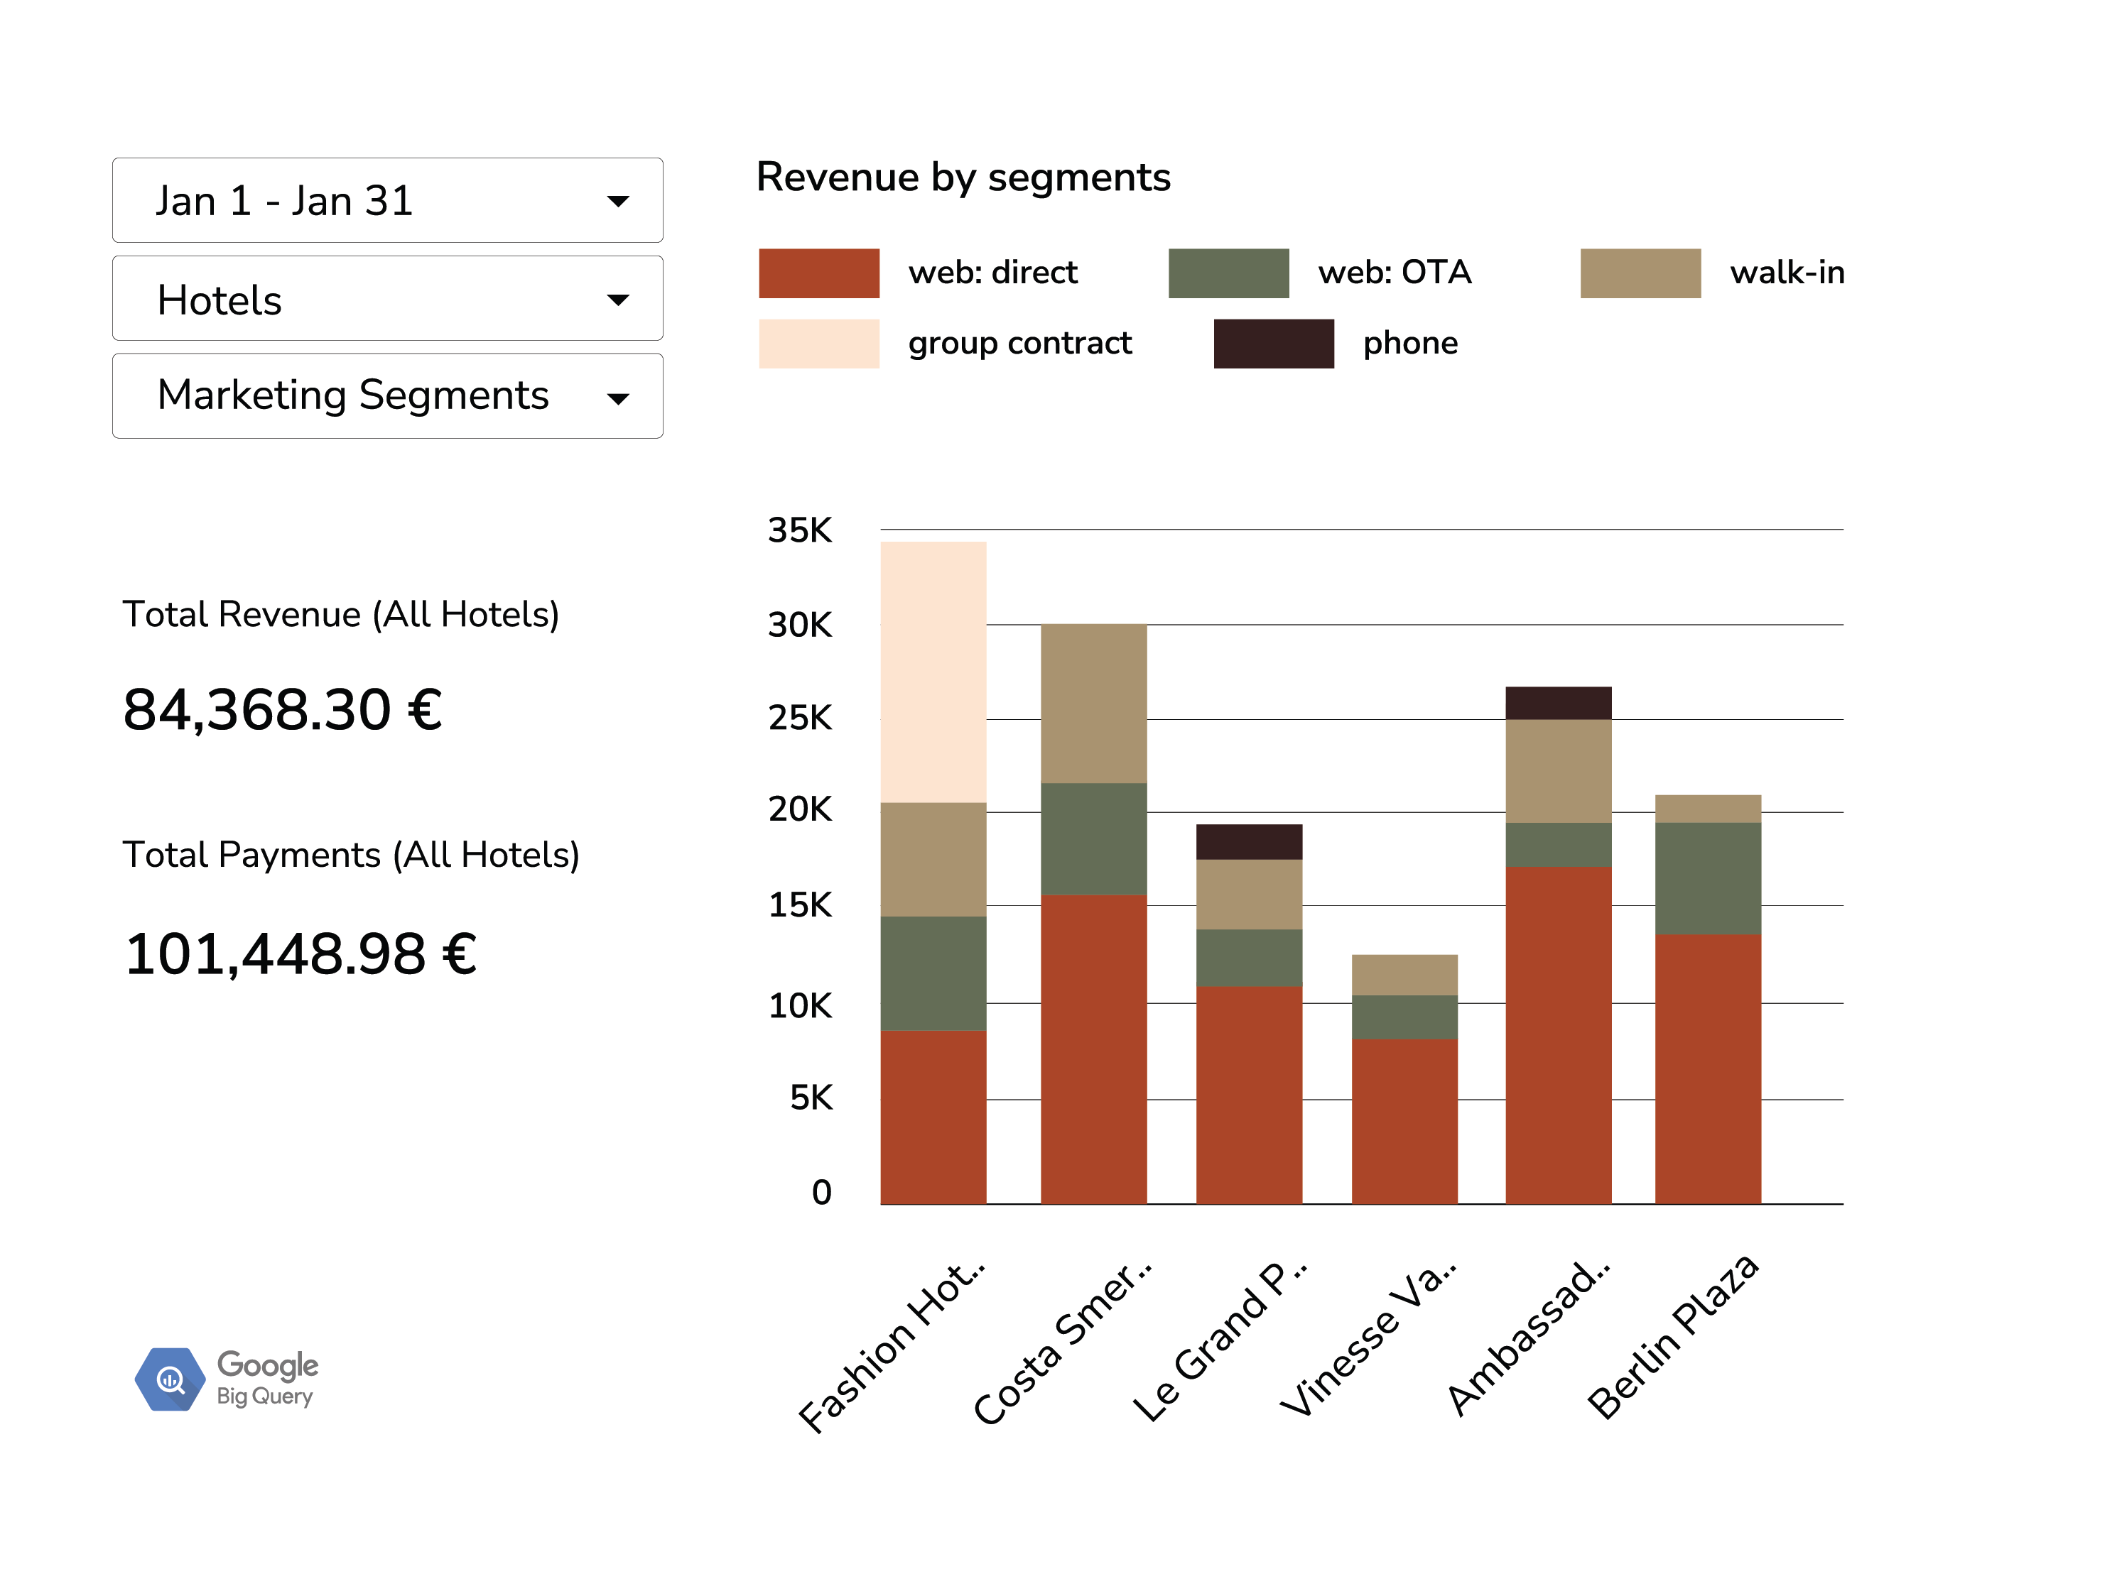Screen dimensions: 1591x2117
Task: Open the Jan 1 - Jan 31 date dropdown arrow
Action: coord(618,201)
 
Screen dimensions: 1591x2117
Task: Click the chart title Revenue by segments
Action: coord(963,178)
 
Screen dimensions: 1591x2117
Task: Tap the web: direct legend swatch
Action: coord(818,273)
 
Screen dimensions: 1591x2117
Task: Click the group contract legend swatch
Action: coord(818,344)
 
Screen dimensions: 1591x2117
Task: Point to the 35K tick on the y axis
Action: coord(800,530)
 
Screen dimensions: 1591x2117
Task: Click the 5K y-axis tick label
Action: coord(811,1098)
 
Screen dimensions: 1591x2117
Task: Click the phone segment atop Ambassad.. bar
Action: coord(1558,703)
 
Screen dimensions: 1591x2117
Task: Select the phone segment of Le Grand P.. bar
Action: coord(1249,842)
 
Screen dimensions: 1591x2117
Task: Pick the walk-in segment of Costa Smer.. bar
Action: coord(1094,703)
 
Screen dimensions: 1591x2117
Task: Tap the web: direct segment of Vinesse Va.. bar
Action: coord(1404,1121)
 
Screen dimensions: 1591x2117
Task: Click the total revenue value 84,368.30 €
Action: coord(282,710)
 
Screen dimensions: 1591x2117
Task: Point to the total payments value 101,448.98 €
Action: coord(301,954)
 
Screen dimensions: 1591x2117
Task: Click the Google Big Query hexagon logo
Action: coord(169,1379)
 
